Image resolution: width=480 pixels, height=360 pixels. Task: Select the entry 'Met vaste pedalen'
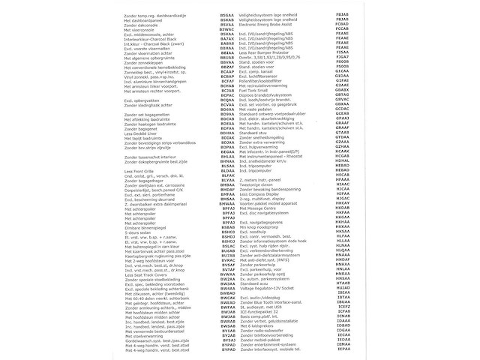coord(261,110)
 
